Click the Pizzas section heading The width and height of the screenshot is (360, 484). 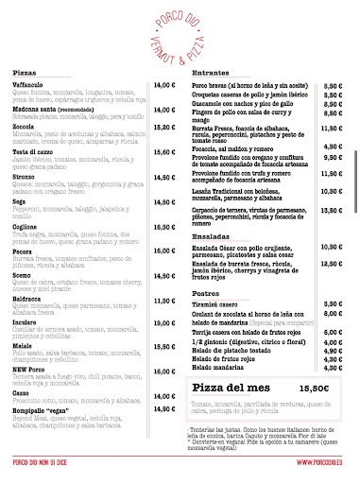coord(25,73)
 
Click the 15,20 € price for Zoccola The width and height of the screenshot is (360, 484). coord(165,127)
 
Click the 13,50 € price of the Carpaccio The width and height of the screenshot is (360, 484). coord(332,210)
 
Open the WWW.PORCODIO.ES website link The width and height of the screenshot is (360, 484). coord(319,461)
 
